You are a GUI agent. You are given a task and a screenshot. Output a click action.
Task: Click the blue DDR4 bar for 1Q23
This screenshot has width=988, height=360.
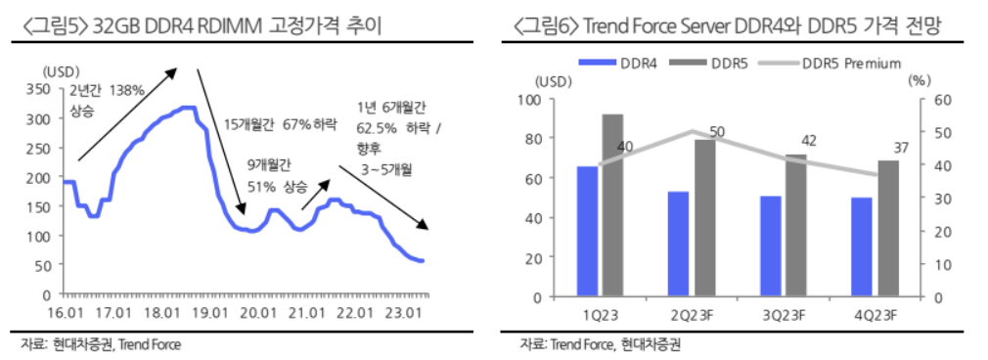coord(587,231)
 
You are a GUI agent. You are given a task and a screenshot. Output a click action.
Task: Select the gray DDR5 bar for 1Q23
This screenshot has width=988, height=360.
coord(612,205)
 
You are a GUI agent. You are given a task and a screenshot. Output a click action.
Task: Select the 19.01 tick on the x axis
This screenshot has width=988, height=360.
coord(208,313)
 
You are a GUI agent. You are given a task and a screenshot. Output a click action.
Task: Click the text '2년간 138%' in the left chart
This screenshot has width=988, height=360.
coord(107,91)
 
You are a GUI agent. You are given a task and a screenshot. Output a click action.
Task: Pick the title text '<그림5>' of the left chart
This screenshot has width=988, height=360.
coord(48,26)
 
